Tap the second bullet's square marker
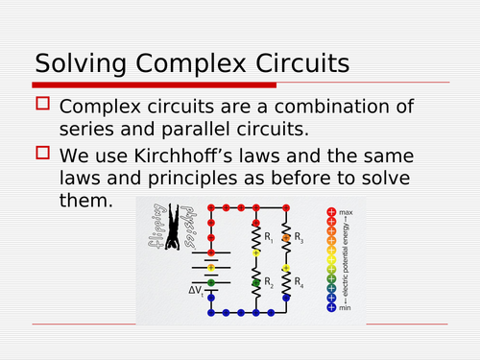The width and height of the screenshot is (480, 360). click(x=41, y=152)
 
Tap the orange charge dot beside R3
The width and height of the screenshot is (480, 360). click(x=286, y=237)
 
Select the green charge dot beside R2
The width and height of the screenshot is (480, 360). click(x=255, y=283)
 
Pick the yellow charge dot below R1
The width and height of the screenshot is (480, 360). click(x=255, y=252)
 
